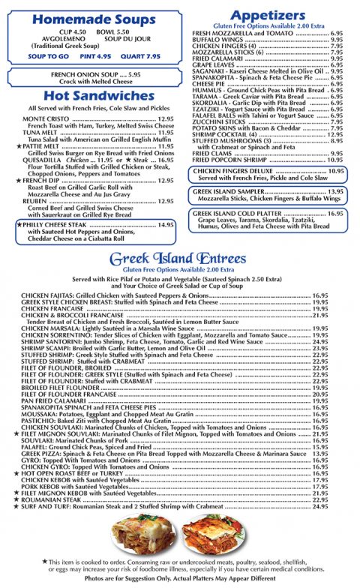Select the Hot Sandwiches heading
pos(93,96)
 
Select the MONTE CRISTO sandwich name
pos(46,118)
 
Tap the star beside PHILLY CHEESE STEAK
pos(19,224)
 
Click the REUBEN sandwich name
pos(35,201)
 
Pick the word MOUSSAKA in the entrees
pos(41,413)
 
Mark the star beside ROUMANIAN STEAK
pos(16,499)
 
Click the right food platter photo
pos(214,535)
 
